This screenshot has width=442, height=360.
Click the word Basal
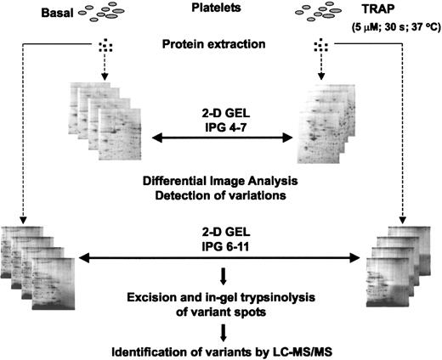click(33, 15)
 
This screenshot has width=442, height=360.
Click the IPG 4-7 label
click(223, 122)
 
